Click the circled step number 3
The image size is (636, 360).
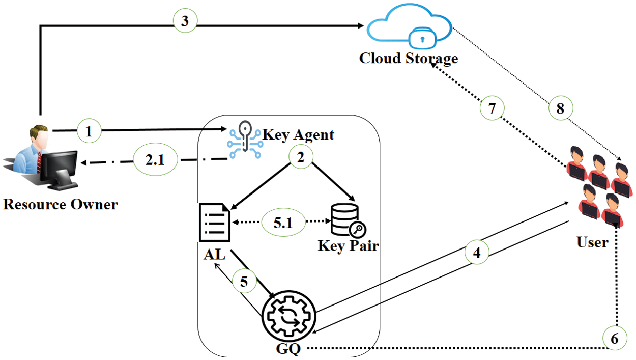[185, 21]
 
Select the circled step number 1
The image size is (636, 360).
[89, 132]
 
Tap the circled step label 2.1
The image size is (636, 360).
[155, 161]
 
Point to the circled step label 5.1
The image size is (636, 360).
[283, 222]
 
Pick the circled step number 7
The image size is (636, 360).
[492, 108]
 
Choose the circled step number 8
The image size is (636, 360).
[560, 108]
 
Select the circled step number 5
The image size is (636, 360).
[245, 282]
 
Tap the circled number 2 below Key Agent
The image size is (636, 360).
[300, 158]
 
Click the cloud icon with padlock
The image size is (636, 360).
[409, 30]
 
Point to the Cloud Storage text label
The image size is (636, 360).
[409, 58]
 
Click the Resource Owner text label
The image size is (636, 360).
[60, 205]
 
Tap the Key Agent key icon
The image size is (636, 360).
[244, 137]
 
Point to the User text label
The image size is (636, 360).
[592, 242]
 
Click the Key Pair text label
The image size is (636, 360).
[348, 246]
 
